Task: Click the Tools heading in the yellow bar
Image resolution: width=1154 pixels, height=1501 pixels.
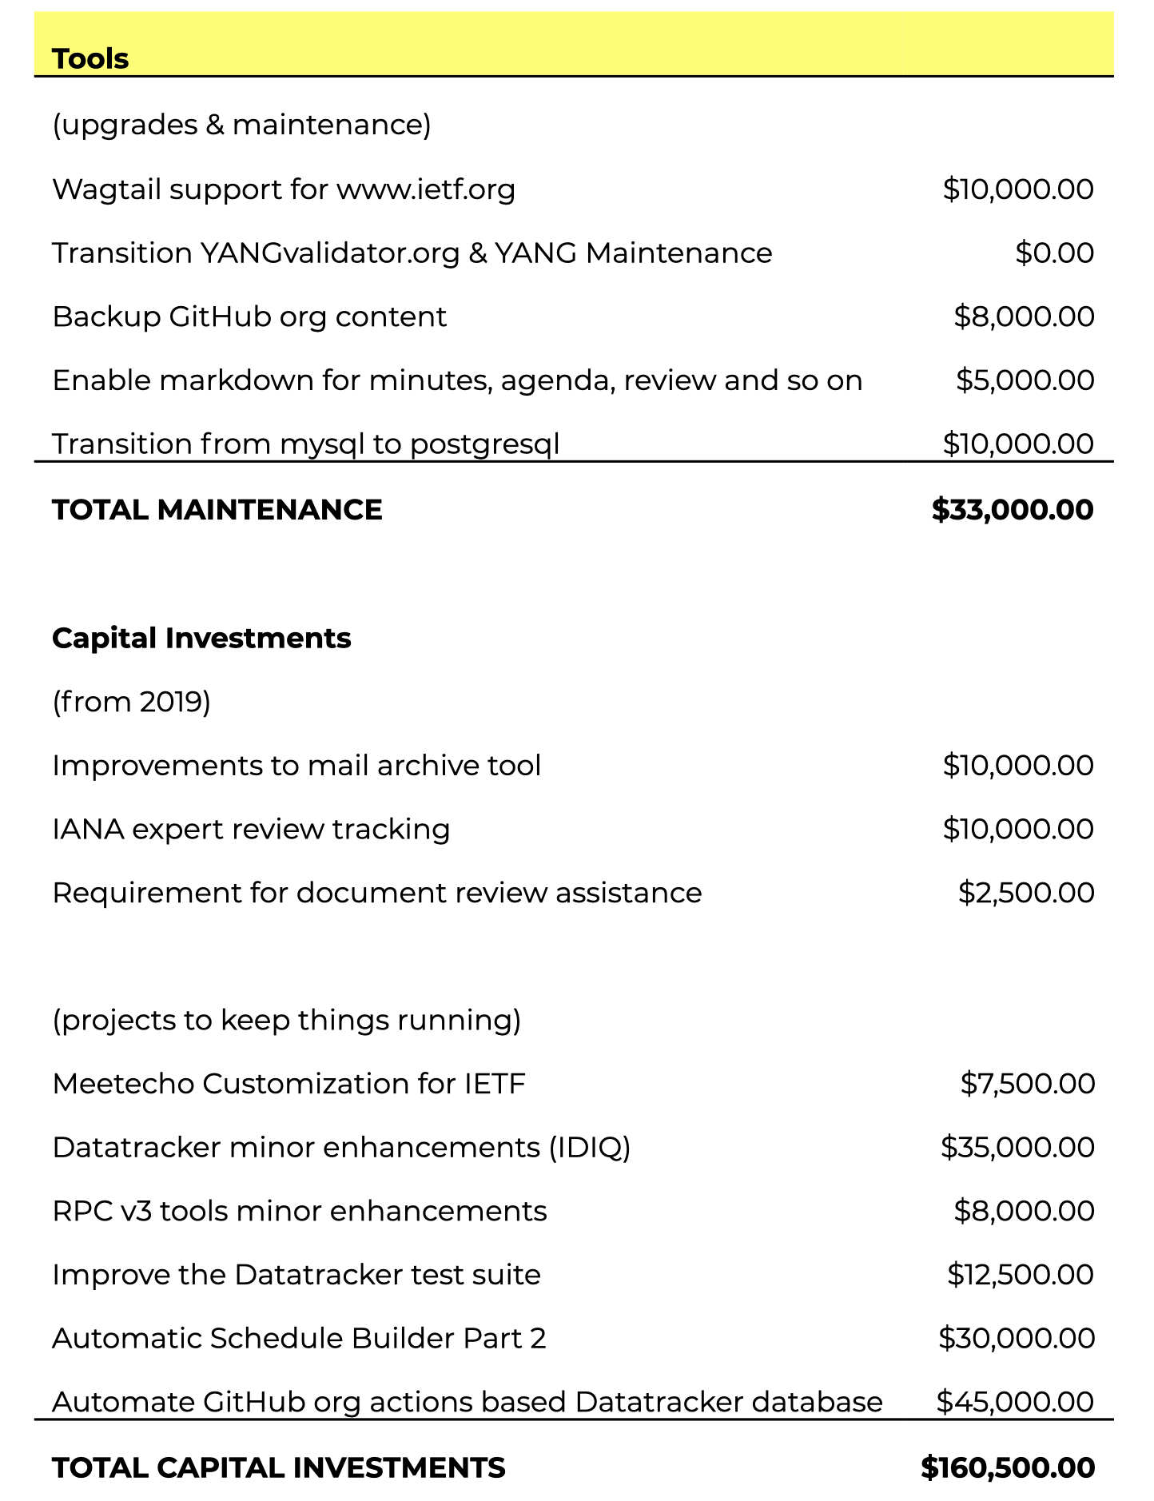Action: click(90, 59)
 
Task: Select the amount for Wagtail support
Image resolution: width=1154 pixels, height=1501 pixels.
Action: click(1017, 189)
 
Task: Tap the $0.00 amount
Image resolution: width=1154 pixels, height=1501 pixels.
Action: click(1054, 253)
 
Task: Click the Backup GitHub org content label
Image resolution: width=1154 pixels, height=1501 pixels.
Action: click(249, 317)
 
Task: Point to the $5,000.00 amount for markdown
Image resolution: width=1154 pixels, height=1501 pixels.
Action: click(1025, 380)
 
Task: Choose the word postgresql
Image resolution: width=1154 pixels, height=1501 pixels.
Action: click(484, 444)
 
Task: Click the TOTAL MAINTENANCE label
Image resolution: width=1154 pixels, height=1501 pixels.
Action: click(217, 510)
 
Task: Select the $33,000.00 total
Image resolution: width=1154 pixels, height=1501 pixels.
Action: click(1012, 510)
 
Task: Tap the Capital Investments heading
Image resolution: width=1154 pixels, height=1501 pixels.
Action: click(201, 639)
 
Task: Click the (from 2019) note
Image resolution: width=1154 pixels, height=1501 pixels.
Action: click(131, 702)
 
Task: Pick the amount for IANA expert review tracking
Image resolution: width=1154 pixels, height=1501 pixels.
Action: click(1017, 829)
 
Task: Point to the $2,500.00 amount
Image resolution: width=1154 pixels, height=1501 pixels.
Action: click(1026, 893)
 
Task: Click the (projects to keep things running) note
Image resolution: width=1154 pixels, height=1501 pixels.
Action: click(286, 1021)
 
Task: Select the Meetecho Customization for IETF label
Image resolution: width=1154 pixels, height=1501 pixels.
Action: click(288, 1085)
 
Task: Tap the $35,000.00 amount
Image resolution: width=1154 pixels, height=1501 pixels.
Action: click(1017, 1148)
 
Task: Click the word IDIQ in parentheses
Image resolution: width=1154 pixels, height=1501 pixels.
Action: click(589, 1148)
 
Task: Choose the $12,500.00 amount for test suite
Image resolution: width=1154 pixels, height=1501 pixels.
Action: click(1020, 1275)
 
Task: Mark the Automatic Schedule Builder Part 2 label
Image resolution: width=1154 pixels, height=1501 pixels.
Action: click(299, 1339)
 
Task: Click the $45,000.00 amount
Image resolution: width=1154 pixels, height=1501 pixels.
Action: click(1015, 1402)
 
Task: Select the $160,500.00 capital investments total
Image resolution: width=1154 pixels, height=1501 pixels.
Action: click(1007, 1467)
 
